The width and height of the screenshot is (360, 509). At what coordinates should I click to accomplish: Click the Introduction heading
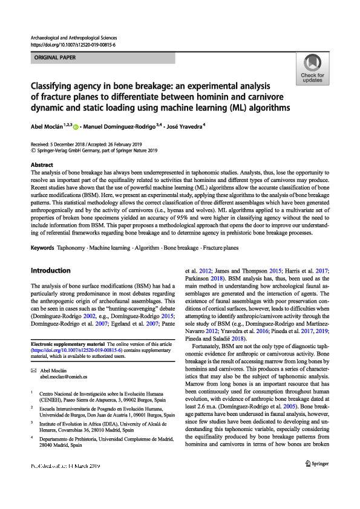click(x=50, y=270)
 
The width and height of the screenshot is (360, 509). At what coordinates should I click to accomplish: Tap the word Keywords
click(x=42, y=248)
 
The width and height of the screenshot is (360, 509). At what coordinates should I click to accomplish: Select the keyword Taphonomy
click(x=71, y=248)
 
